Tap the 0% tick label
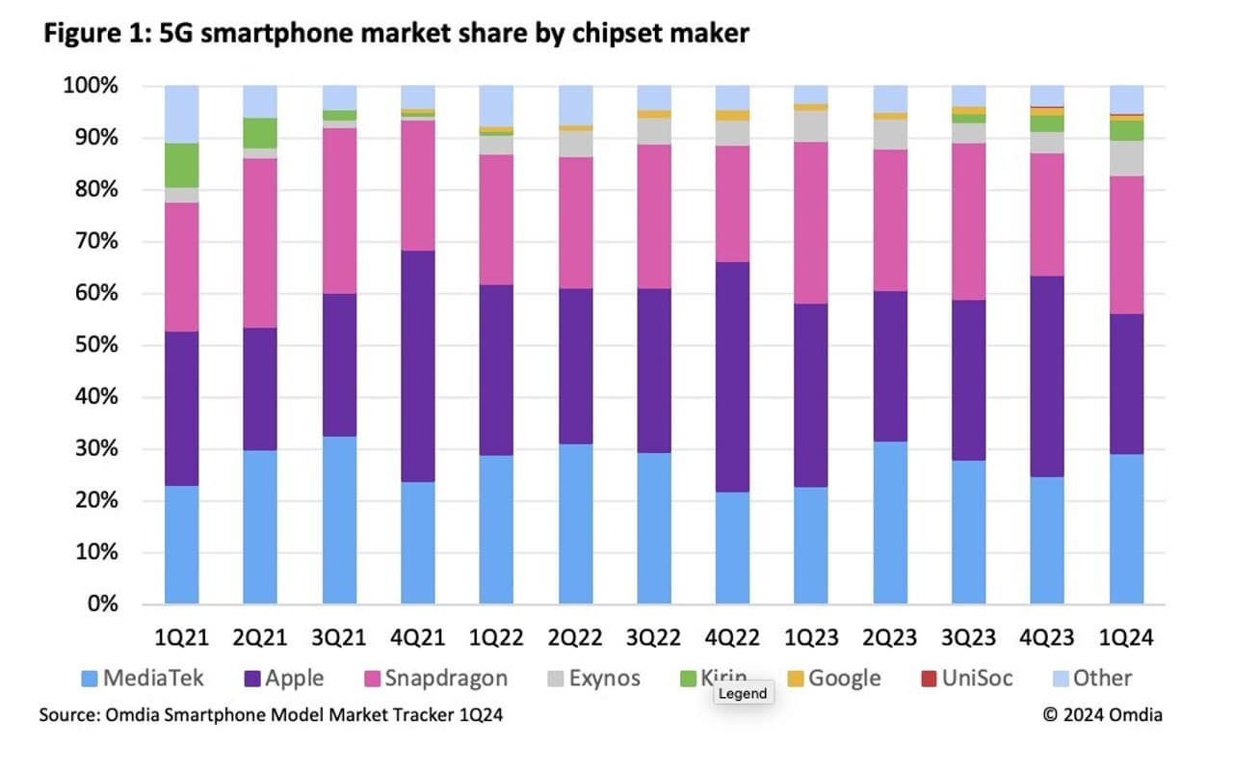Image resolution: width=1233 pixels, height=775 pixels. click(x=102, y=604)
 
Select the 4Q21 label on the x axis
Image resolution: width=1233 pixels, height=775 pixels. click(x=417, y=637)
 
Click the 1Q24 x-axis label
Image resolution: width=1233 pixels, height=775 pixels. click(x=1126, y=637)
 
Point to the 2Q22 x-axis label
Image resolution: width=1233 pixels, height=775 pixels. click(x=575, y=637)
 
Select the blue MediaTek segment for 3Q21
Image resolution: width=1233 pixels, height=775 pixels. click(x=339, y=521)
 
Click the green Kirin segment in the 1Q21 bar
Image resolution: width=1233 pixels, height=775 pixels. click(x=181, y=165)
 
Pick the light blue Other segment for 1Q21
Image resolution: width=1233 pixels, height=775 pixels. click(x=181, y=114)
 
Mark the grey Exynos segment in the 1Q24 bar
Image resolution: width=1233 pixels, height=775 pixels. click(x=1126, y=158)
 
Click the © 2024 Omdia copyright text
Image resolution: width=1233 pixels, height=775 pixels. click(x=1102, y=715)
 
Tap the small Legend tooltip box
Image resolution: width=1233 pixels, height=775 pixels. click(x=743, y=693)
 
